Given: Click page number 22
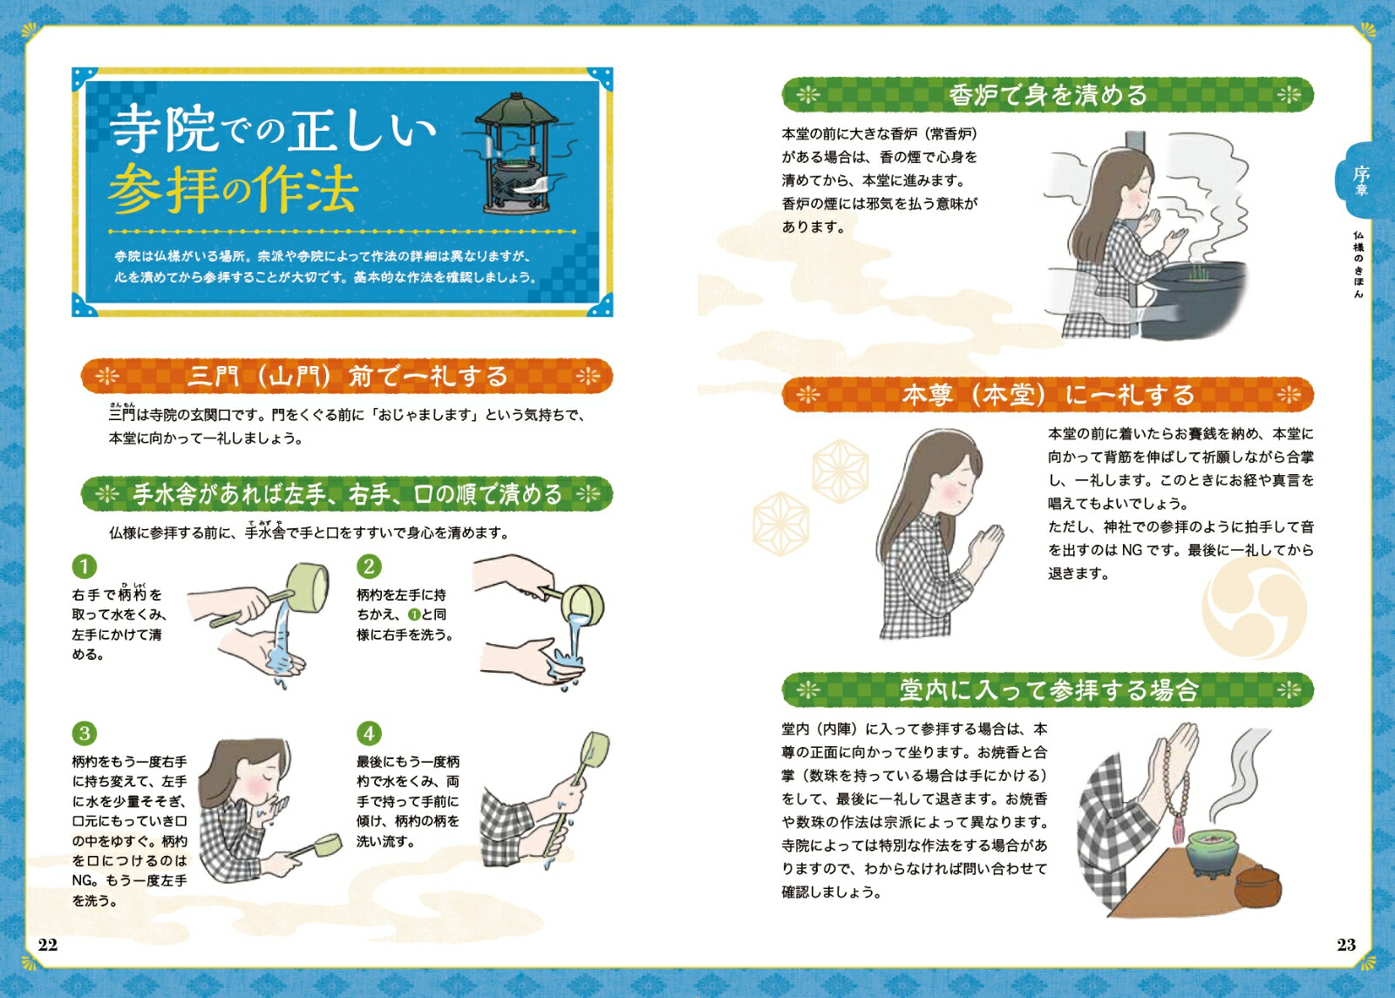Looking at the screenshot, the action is coord(48,945).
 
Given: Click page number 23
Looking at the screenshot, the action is coord(1346,945).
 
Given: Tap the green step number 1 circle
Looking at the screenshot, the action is coord(84,567).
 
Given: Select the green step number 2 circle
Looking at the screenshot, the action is coord(369,567).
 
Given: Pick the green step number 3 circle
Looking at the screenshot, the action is coord(84,733).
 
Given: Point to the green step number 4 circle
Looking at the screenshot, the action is coord(369,733).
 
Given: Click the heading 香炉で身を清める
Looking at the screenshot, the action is coord(1047,95).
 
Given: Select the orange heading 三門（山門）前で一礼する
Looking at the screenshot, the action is coord(347,376).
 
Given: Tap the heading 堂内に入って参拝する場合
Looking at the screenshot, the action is coord(1047,689).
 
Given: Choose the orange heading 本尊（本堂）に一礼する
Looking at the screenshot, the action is coord(1047,395).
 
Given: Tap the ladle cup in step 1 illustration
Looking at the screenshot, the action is coord(308,587).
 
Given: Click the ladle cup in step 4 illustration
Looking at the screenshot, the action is coord(595,750).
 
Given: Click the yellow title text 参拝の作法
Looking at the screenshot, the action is coord(235,189).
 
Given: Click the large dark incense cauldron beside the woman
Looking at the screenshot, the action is coord(1194,300).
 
